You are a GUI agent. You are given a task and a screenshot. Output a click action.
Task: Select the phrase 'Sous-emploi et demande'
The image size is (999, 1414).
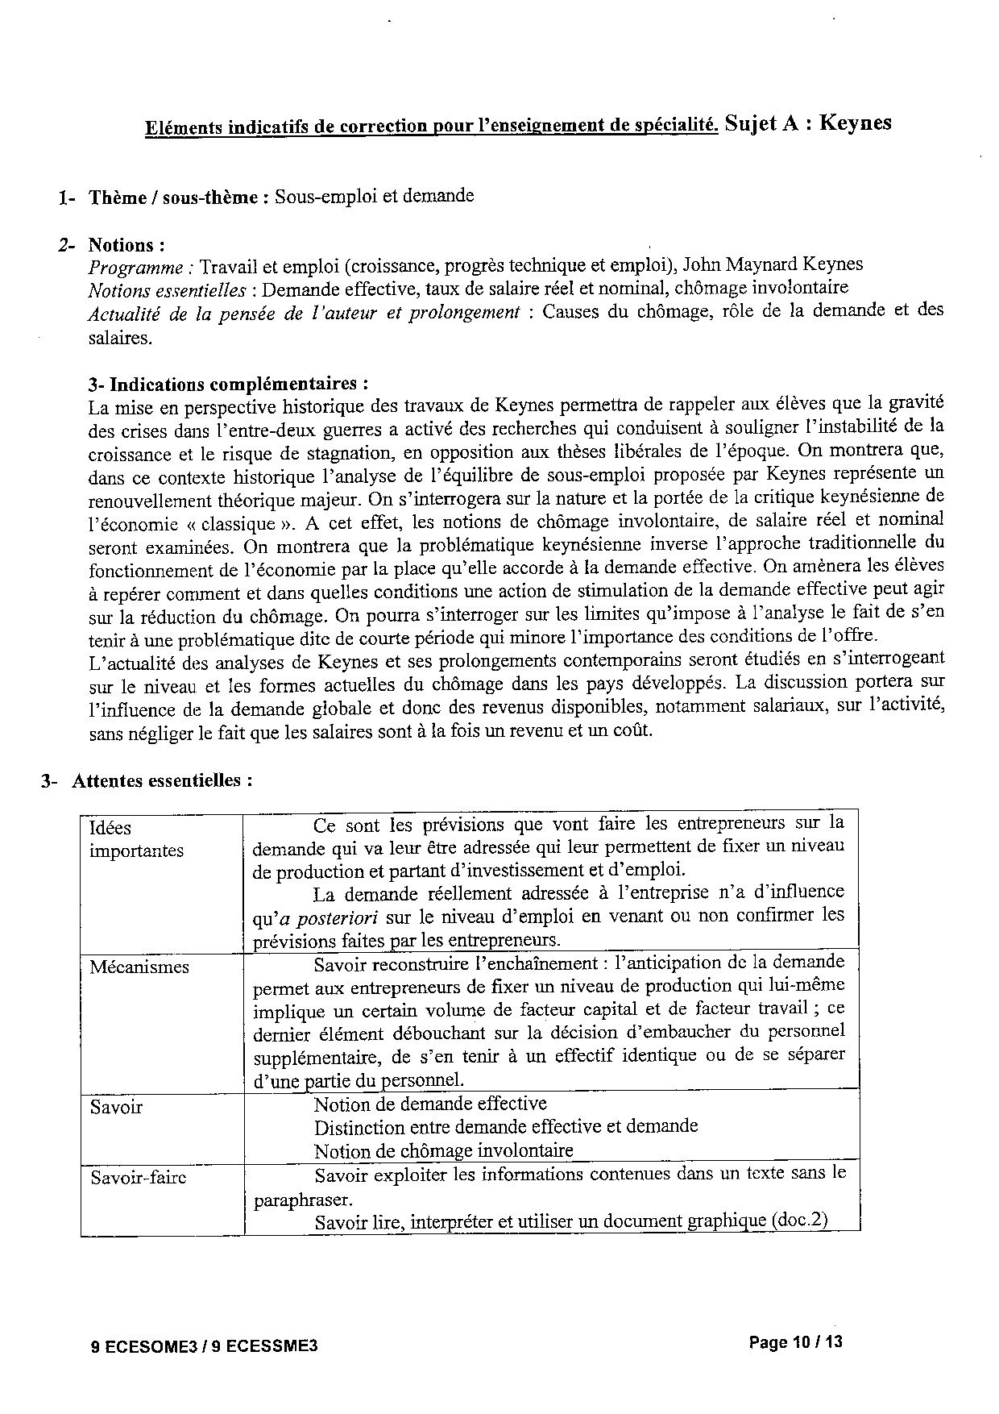pos(374,196)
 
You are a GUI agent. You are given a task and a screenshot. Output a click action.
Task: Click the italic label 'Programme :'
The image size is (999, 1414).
pos(141,267)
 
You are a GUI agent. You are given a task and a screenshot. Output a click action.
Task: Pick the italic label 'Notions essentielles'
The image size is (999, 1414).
pos(166,289)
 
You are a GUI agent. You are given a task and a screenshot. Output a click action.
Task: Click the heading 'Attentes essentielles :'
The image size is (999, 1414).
pos(162,781)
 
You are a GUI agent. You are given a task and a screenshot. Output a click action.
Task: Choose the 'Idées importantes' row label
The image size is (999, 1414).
pos(136,839)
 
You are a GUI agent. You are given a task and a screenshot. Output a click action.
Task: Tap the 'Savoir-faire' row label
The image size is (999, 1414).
pos(138,1178)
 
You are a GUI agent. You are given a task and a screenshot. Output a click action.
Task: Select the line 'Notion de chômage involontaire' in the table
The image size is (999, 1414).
pos(443,1151)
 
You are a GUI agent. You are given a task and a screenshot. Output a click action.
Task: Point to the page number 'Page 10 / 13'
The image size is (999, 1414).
pos(795,1342)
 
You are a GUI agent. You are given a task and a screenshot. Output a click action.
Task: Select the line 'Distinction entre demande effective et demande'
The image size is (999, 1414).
pos(505,1127)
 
